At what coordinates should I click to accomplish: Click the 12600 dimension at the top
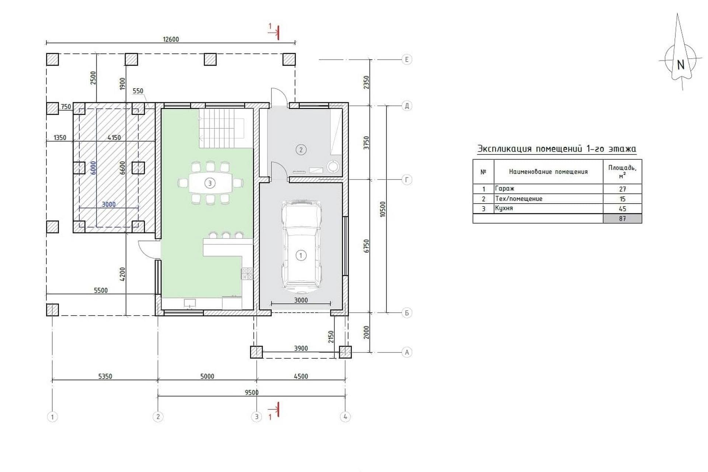[171, 39]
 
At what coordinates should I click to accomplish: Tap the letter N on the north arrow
[681, 65]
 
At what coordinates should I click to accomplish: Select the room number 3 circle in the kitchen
[210, 183]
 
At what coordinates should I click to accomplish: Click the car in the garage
[301, 244]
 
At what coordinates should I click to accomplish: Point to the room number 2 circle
[301, 150]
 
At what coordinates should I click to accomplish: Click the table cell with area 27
[622, 189]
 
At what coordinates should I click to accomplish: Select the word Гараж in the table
[504, 188]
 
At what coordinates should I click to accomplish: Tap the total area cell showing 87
[622, 219]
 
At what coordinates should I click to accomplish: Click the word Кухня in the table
[504, 208]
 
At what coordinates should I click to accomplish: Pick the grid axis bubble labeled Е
[407, 59]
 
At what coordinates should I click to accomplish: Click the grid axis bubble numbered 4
[345, 417]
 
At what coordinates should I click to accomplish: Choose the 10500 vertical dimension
[383, 209]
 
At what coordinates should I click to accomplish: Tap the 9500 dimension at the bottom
[251, 393]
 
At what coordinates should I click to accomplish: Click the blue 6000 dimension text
[93, 168]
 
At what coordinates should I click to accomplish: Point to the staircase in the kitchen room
[222, 128]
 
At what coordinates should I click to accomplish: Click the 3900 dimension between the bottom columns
[301, 348]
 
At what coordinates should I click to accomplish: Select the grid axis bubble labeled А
[407, 352]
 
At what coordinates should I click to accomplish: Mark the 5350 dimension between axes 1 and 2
[105, 376]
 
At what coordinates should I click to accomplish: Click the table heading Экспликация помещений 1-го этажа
[557, 149]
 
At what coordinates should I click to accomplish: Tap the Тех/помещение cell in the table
[519, 199]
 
